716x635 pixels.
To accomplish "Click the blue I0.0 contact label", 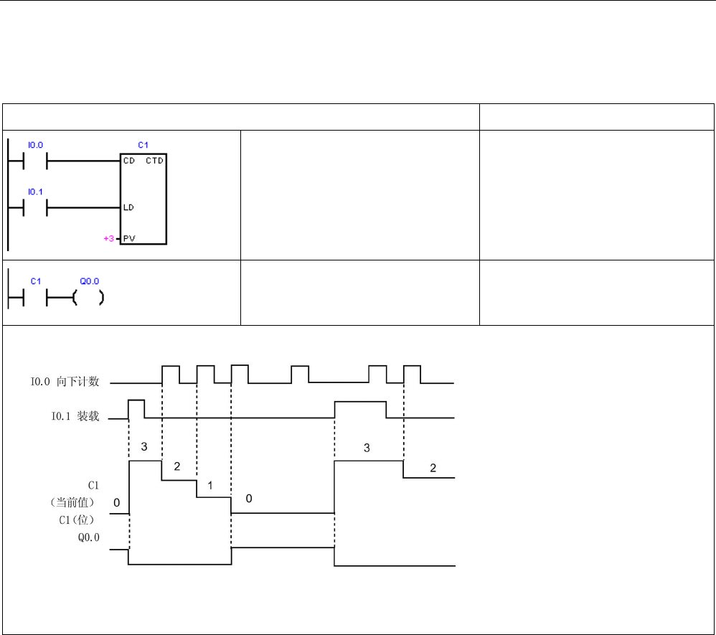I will [x=35, y=145].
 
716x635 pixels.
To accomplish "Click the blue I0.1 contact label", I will [x=35, y=192].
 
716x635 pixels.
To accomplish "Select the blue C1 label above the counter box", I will [x=143, y=145].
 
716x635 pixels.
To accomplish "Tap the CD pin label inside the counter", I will [x=129, y=161].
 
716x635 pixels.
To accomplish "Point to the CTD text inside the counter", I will [x=154, y=161].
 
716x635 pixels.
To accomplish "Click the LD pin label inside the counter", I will [x=129, y=207].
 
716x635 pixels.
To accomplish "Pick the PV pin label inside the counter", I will [x=129, y=237].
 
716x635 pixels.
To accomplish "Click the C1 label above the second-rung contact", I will [x=35, y=281].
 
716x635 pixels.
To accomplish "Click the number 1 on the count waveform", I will [x=209, y=485].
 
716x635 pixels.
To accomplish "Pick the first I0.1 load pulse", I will [x=136, y=408].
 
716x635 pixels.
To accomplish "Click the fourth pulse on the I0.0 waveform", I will [x=300, y=374].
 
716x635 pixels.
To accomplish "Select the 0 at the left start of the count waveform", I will [x=117, y=504].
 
